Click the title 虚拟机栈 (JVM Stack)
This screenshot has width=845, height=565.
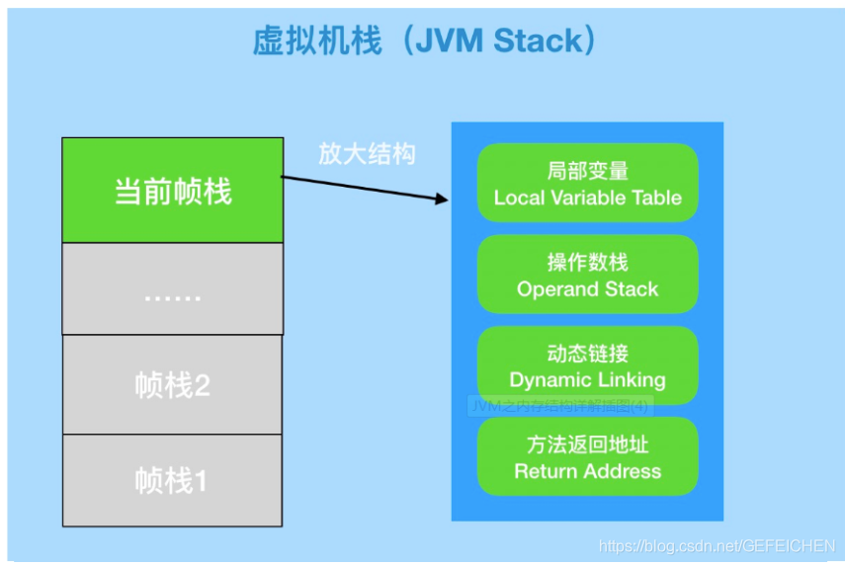point(425,42)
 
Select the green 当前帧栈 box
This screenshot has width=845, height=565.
point(172,191)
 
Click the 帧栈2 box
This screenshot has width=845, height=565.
point(172,384)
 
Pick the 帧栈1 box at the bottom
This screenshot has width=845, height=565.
point(172,480)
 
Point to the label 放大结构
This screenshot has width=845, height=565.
point(367,154)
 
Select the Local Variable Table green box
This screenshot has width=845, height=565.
point(587,184)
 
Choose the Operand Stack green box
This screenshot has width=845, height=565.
point(587,275)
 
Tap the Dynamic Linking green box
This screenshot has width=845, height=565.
point(587,365)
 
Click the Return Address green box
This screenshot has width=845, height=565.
point(587,456)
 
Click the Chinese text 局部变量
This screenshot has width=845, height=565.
point(587,171)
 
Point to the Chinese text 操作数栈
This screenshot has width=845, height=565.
point(587,262)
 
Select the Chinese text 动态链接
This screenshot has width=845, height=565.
point(587,353)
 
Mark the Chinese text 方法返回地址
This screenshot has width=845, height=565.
point(587,444)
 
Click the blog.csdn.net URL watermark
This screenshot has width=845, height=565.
point(718,546)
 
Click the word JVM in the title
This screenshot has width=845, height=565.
point(447,42)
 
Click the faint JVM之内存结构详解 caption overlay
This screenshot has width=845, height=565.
point(559,406)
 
